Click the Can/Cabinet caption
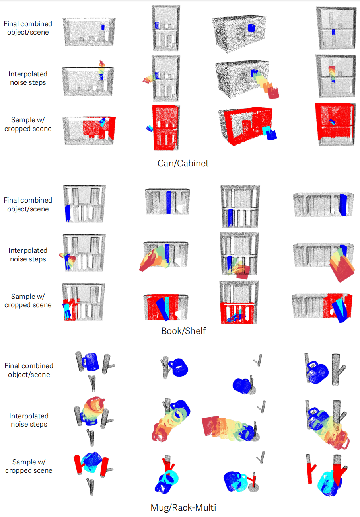(183, 163)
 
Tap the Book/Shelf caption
(183, 331)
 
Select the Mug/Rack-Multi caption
(183, 507)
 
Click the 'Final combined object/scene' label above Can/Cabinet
(28, 28)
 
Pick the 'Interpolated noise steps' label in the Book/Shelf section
(28, 255)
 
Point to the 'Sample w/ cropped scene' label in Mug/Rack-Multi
(29, 466)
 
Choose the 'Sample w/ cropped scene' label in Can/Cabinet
(28, 124)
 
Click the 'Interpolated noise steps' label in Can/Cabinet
(28, 78)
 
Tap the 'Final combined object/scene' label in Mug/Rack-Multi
(29, 370)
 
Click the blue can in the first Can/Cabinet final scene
(103, 27)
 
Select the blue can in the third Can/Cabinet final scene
(251, 28)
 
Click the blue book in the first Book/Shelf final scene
(68, 213)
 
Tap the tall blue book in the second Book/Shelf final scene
(169, 202)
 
